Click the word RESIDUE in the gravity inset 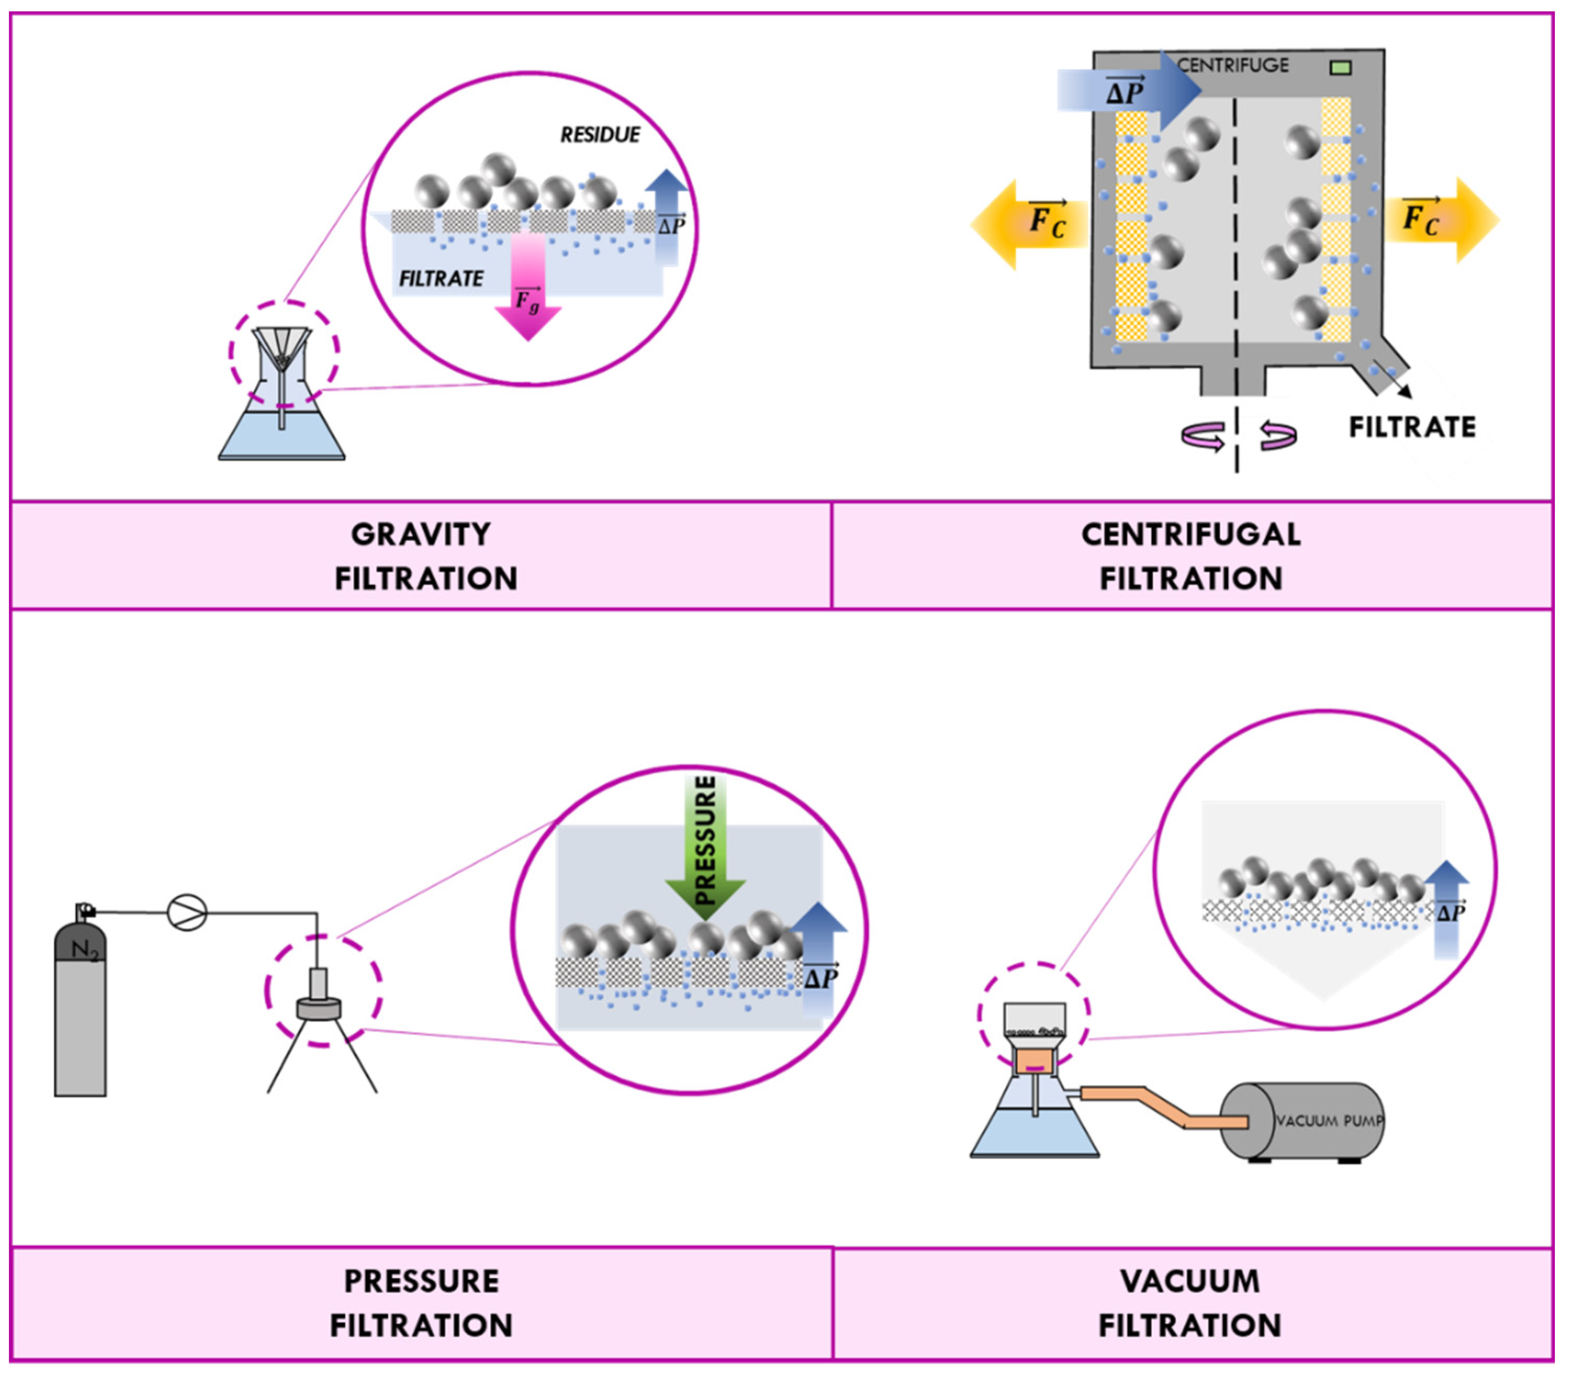pos(600,135)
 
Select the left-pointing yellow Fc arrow pos(1029,223)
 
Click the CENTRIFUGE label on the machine pos(1233,66)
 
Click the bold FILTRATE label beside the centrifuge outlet pos(1412,427)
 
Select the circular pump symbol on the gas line pos(187,913)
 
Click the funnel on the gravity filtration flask pos(282,347)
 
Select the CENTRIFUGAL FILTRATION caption pos(1191,556)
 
